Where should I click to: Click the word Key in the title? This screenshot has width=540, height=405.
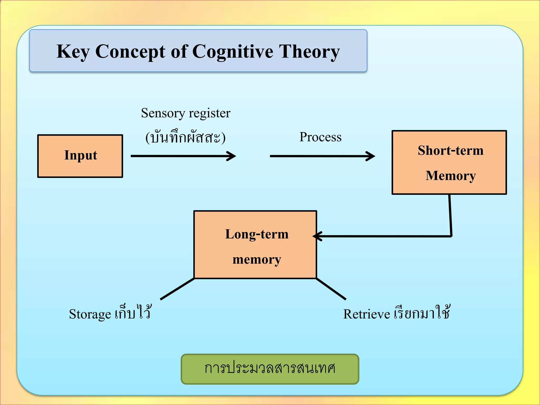[x=73, y=51]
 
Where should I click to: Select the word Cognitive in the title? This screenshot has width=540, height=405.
[x=233, y=51]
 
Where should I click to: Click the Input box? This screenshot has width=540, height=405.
[x=80, y=156]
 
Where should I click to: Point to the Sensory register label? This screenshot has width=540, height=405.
[x=186, y=113]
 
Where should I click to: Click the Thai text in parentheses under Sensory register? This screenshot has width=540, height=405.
[x=186, y=137]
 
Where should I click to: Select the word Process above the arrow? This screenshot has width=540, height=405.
[x=320, y=137]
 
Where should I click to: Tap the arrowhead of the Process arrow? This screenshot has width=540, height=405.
[x=372, y=156]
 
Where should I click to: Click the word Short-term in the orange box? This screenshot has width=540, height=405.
[x=451, y=151]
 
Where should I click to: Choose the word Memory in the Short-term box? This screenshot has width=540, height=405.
[x=451, y=176]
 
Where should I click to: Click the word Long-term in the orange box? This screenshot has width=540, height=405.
[x=257, y=234]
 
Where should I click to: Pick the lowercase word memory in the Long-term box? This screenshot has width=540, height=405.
[x=257, y=260]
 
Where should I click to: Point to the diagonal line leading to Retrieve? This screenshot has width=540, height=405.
[x=331, y=289]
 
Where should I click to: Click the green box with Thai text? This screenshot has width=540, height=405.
[x=270, y=369]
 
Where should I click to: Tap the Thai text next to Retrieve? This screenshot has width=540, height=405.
[x=422, y=313]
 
